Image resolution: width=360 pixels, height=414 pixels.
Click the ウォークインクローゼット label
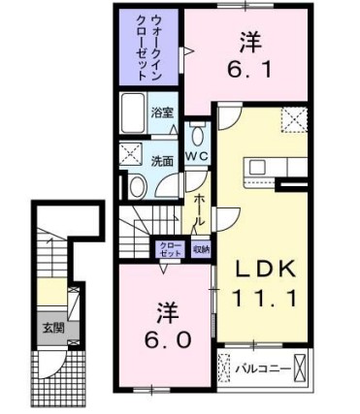coord(143,47)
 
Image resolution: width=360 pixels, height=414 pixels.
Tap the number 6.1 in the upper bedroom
coord(249,69)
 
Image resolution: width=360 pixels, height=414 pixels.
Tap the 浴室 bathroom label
coord(161,111)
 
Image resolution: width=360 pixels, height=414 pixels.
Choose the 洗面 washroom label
coord(161,160)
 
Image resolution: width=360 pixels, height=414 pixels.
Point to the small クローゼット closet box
coord(170,248)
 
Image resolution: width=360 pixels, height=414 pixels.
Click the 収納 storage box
coord(200,248)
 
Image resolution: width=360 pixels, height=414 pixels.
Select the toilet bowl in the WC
coord(198,134)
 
